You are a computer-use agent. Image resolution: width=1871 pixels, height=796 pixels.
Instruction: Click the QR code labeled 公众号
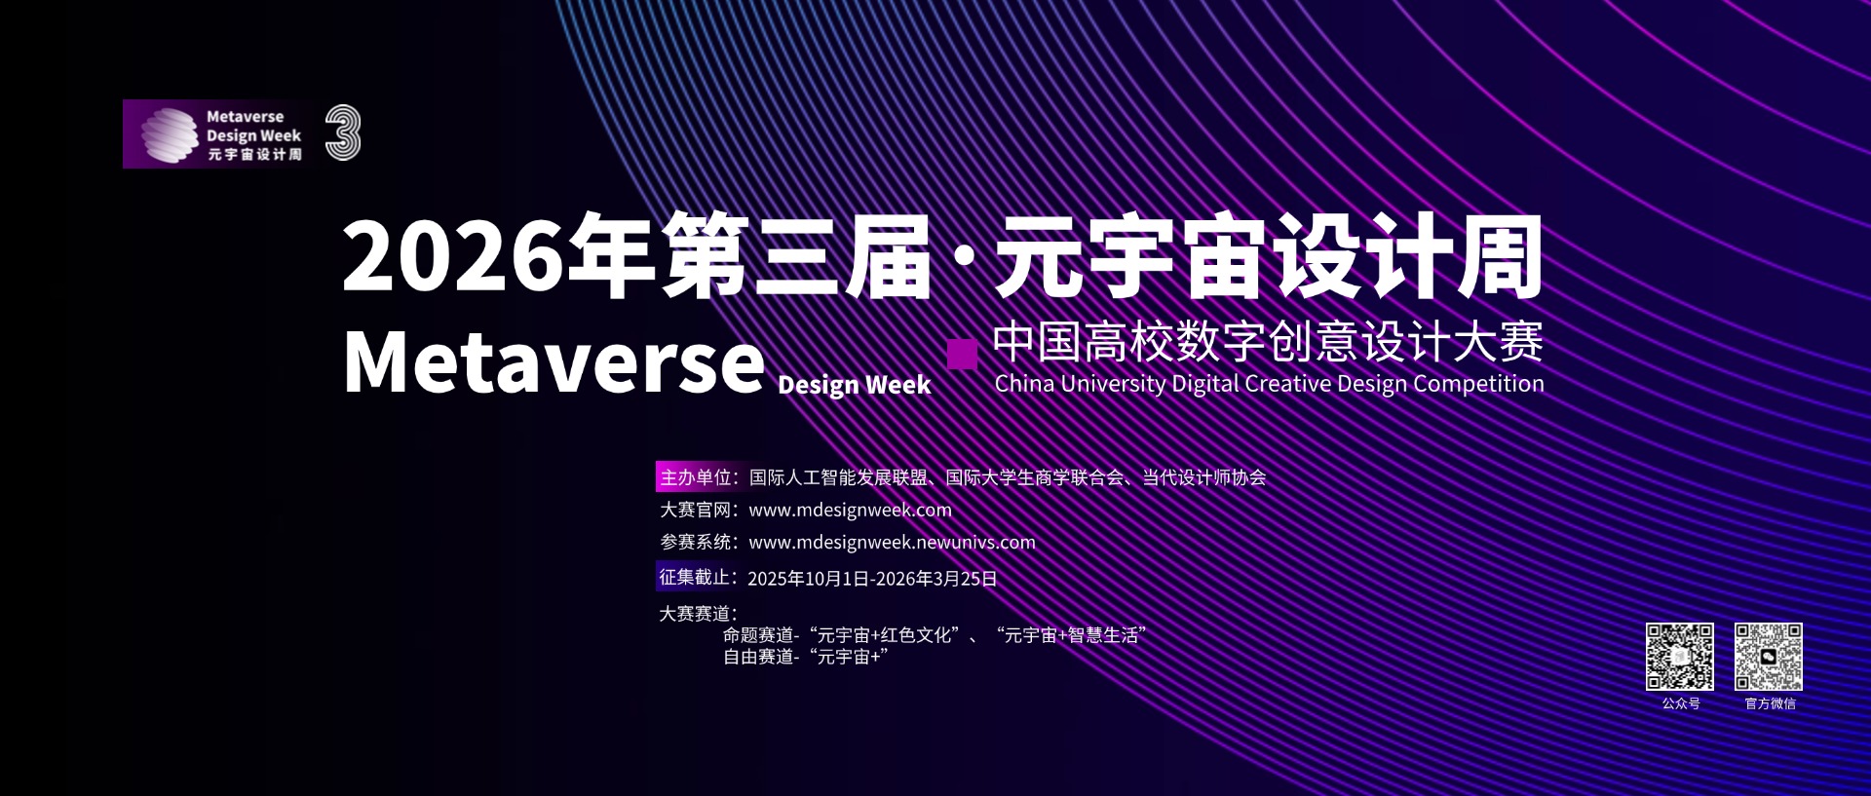pyautogui.click(x=1680, y=657)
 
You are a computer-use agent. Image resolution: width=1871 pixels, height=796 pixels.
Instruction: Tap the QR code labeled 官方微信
pyautogui.click(x=1769, y=657)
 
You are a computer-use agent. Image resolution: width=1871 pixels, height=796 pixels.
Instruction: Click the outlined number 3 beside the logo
pyautogui.click(x=343, y=133)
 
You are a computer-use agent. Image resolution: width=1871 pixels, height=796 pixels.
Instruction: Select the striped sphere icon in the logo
pyautogui.click(x=170, y=134)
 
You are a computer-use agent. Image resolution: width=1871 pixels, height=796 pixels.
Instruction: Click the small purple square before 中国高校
pyautogui.click(x=962, y=354)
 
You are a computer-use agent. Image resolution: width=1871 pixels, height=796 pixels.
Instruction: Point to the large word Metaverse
pyautogui.click(x=554, y=361)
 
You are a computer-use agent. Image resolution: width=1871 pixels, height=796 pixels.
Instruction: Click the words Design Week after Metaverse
pyautogui.click(x=855, y=385)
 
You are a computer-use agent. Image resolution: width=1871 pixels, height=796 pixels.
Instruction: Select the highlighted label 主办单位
pyautogui.click(x=697, y=477)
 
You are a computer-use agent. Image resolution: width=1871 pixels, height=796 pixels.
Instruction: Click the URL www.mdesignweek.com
pyautogui.click(x=850, y=510)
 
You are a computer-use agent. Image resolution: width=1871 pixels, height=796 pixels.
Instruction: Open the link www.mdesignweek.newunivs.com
pyautogui.click(x=892, y=542)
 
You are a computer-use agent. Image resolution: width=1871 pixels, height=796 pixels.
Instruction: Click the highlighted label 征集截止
pyautogui.click(x=696, y=577)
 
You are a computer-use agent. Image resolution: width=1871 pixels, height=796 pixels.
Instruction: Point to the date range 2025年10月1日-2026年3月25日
pyautogui.click(x=872, y=579)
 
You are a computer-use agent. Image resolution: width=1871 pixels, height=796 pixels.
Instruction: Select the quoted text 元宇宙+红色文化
pyautogui.click(x=885, y=635)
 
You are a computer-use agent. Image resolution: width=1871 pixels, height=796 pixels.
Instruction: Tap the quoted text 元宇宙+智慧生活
pyautogui.click(x=1071, y=635)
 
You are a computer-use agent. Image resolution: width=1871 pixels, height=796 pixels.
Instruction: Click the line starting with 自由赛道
pyautogui.click(x=805, y=657)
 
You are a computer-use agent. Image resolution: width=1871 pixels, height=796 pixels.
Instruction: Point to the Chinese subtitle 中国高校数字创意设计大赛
pyautogui.click(x=1268, y=341)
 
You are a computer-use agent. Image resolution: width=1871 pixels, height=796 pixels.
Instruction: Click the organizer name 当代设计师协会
pyautogui.click(x=1204, y=477)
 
